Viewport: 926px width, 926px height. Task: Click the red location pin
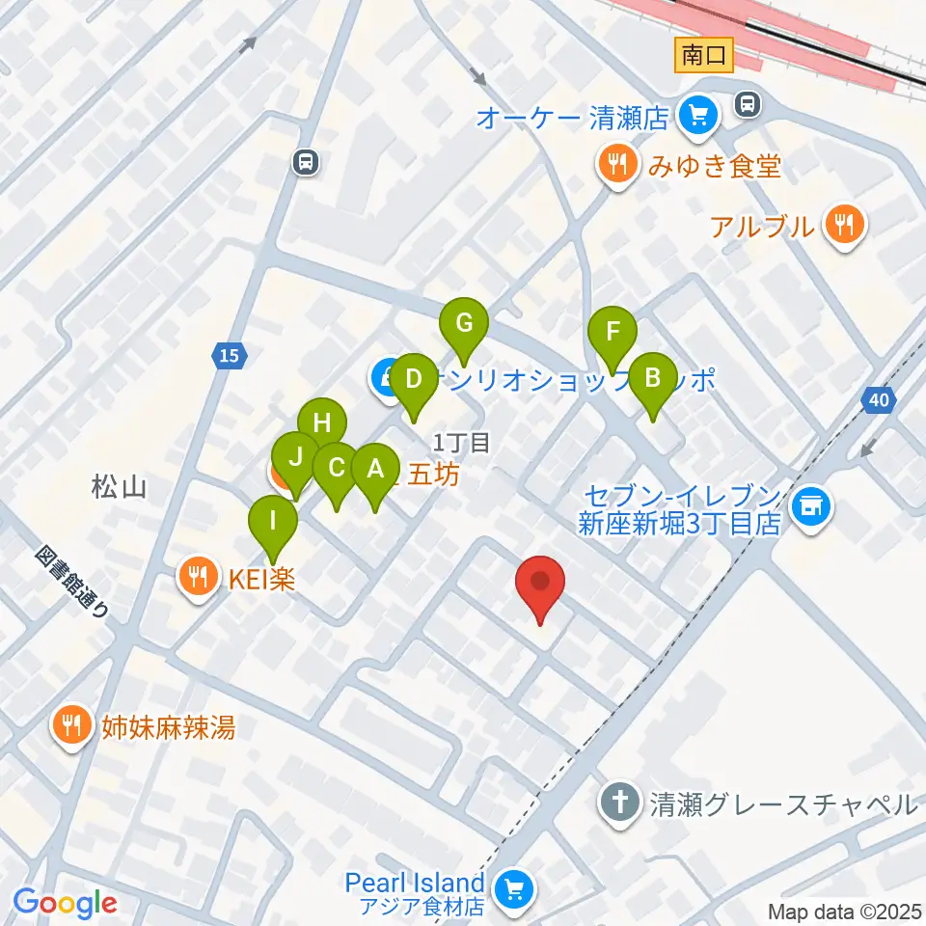coord(540,584)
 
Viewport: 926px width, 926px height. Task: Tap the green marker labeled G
coord(464,325)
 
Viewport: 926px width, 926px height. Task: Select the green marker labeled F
coord(613,335)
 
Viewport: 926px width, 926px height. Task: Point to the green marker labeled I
coord(274,523)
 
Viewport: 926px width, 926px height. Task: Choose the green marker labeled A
coord(376,471)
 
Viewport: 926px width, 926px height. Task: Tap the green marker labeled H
coord(321,424)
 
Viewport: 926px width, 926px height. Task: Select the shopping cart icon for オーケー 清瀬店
coord(697,118)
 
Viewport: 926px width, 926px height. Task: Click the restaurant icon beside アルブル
coord(845,227)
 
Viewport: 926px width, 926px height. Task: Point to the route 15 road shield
coord(228,356)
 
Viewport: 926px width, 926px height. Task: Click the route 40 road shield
coord(877,398)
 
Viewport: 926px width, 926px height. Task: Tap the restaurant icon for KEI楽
coord(199,578)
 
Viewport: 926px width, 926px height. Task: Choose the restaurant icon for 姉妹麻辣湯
coord(71,725)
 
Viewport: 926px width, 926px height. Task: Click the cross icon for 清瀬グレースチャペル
coord(618,803)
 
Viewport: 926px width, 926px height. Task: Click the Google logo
coord(65,903)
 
